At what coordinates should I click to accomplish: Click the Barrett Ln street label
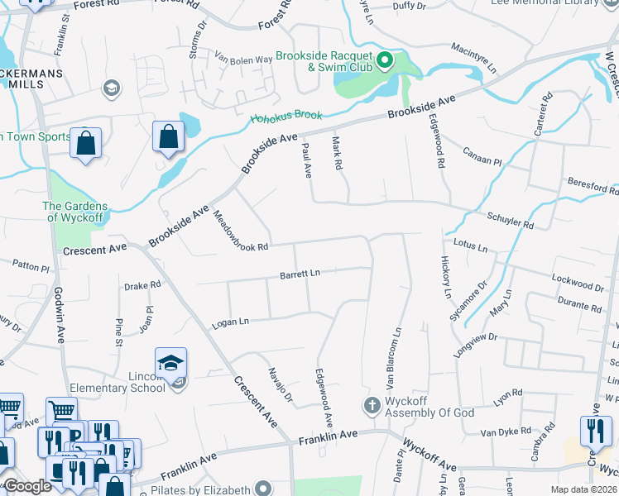tap(300, 273)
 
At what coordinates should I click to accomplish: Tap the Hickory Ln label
tap(445, 277)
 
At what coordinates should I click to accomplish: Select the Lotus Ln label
tap(471, 245)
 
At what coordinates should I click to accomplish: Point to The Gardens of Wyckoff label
tap(75, 212)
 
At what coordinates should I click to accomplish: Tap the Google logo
tap(26, 486)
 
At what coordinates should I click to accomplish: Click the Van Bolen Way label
tap(243, 59)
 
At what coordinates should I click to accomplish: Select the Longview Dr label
tap(475, 343)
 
